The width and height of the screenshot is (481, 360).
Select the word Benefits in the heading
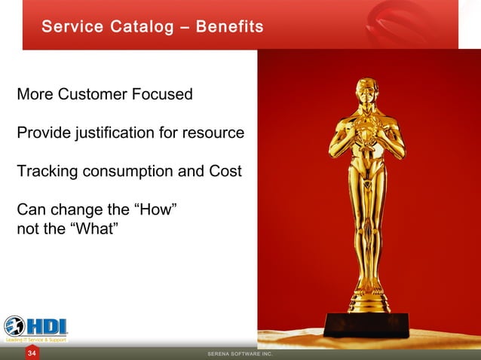pyautogui.click(x=229, y=27)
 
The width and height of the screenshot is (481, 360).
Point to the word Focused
pyautogui.click(x=161, y=95)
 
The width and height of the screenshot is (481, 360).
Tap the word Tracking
pyautogui.click(x=47, y=171)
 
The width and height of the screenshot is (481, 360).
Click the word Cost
pyautogui.click(x=225, y=171)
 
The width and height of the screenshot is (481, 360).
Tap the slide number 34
pyautogui.click(x=32, y=353)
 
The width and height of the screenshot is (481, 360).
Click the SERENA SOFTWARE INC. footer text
pyautogui.click(x=240, y=354)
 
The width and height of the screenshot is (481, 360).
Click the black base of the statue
pyautogui.click(x=366, y=325)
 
